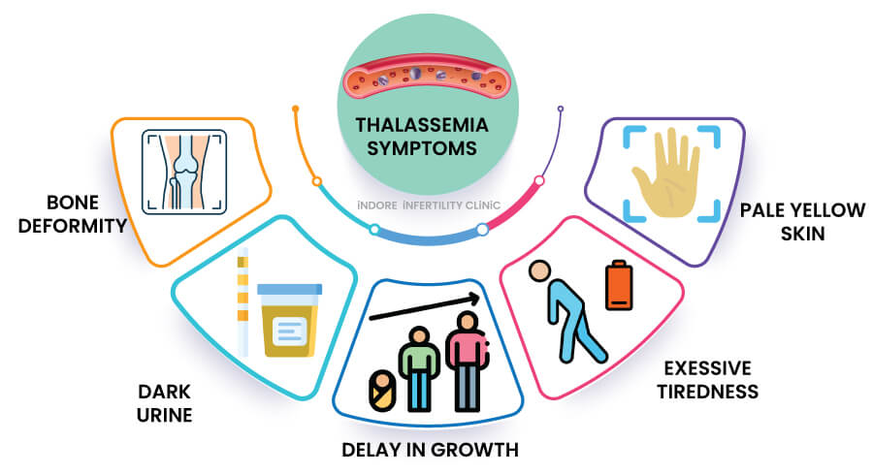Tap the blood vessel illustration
[x=428, y=78]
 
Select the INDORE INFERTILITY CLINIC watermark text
[x=428, y=205]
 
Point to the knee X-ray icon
[x=184, y=172]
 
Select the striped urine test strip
[x=243, y=300]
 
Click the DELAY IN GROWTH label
[x=429, y=450]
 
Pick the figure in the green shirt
[x=418, y=368]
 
